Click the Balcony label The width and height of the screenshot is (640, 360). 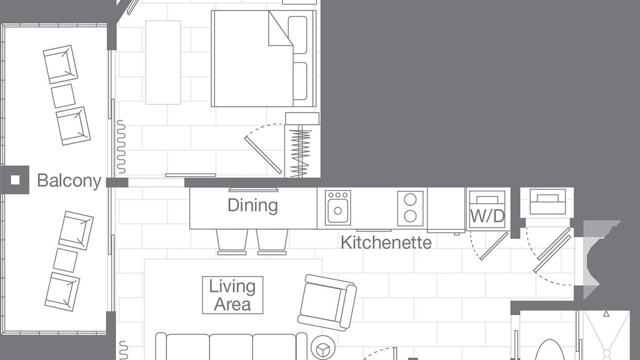click(69, 181)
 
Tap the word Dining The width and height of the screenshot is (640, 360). click(252, 205)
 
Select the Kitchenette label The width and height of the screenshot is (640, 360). click(386, 242)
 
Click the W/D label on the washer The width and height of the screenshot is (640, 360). click(487, 216)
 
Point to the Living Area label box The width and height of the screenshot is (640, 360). click(232, 295)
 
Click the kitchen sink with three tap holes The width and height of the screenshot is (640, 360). click(337, 207)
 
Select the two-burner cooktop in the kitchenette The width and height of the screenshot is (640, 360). click(410, 208)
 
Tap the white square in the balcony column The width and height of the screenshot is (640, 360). click(15, 180)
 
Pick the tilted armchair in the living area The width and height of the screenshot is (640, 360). click(327, 302)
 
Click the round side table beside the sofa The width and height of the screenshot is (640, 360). click(323, 347)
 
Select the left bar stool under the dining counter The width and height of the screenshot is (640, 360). click(231, 242)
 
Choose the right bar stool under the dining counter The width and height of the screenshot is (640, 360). click(272, 242)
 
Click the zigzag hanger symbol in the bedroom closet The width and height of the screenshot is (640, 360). click(300, 153)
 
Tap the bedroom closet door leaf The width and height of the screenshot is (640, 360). click(263, 155)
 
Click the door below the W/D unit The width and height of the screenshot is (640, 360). click(494, 246)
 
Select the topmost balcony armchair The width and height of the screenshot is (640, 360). click(60, 64)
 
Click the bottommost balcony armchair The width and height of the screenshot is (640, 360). click(62, 291)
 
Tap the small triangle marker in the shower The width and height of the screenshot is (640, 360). click(606, 314)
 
